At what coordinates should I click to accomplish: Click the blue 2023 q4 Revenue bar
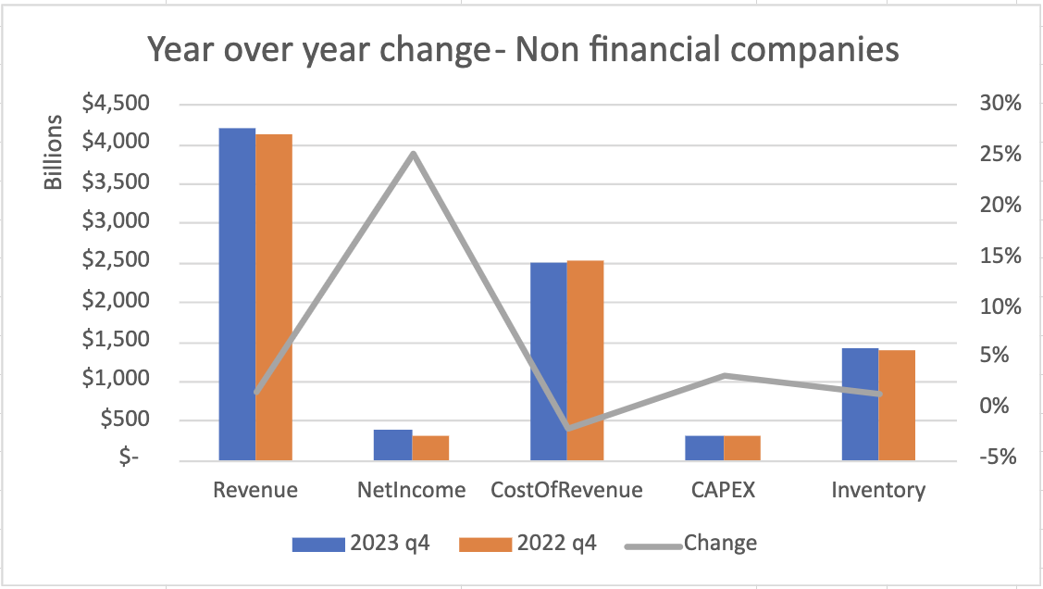238,294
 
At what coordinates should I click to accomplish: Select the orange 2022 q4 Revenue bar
274,297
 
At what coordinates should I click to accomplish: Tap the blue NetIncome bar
393,445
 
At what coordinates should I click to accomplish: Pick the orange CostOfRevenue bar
585,361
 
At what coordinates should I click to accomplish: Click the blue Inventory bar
860,405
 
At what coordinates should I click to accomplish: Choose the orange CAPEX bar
742,448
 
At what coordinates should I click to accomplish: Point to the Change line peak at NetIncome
413,154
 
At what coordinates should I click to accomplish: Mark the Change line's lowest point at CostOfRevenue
568,428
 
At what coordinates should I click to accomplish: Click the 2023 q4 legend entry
361,543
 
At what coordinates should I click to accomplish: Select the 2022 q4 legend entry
528,543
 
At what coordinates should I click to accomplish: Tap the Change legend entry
691,543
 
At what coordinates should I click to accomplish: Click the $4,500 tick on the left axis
116,103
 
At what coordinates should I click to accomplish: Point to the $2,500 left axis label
116,259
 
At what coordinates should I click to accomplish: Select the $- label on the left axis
129,457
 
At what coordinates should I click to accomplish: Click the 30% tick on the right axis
1000,103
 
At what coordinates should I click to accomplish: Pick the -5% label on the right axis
998,457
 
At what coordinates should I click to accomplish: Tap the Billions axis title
54,153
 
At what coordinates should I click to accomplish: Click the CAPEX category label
723,491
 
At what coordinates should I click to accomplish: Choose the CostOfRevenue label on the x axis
566,491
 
